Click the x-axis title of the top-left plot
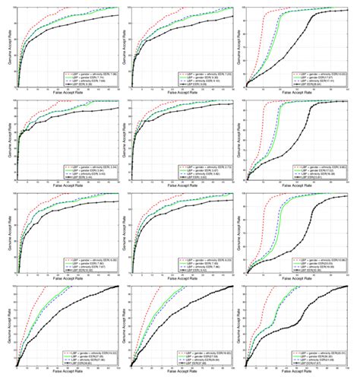point(68,94)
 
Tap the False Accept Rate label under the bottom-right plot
point(297,373)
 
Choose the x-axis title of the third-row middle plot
point(182,280)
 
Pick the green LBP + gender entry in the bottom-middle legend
point(205,355)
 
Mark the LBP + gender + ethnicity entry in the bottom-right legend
point(319,350)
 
